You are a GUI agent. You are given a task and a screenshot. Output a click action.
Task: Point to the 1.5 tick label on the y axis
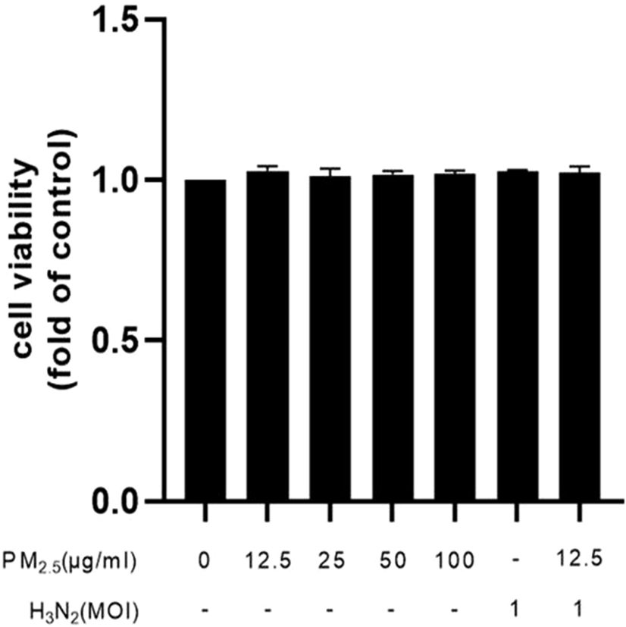[x=119, y=20]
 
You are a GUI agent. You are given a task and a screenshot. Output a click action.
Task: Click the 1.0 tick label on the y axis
[x=119, y=180]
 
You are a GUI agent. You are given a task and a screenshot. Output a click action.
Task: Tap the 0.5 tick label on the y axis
[x=119, y=340]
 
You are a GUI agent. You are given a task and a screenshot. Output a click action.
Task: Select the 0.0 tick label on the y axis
[x=119, y=501]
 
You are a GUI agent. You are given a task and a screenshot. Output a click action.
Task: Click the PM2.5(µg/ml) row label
[x=69, y=561]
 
